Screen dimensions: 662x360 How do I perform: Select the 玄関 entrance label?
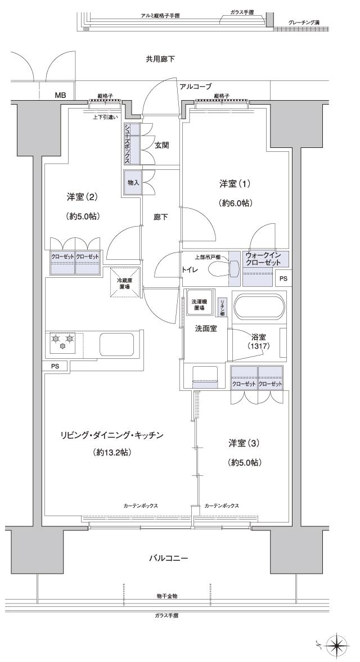[162, 145]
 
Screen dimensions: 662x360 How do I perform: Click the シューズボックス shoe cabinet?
[128, 143]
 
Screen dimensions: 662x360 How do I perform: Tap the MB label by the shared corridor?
[60, 96]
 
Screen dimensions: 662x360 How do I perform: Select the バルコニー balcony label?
[168, 559]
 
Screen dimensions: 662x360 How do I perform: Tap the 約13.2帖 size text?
[112, 452]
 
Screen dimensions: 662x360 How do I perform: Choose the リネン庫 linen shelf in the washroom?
[222, 306]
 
